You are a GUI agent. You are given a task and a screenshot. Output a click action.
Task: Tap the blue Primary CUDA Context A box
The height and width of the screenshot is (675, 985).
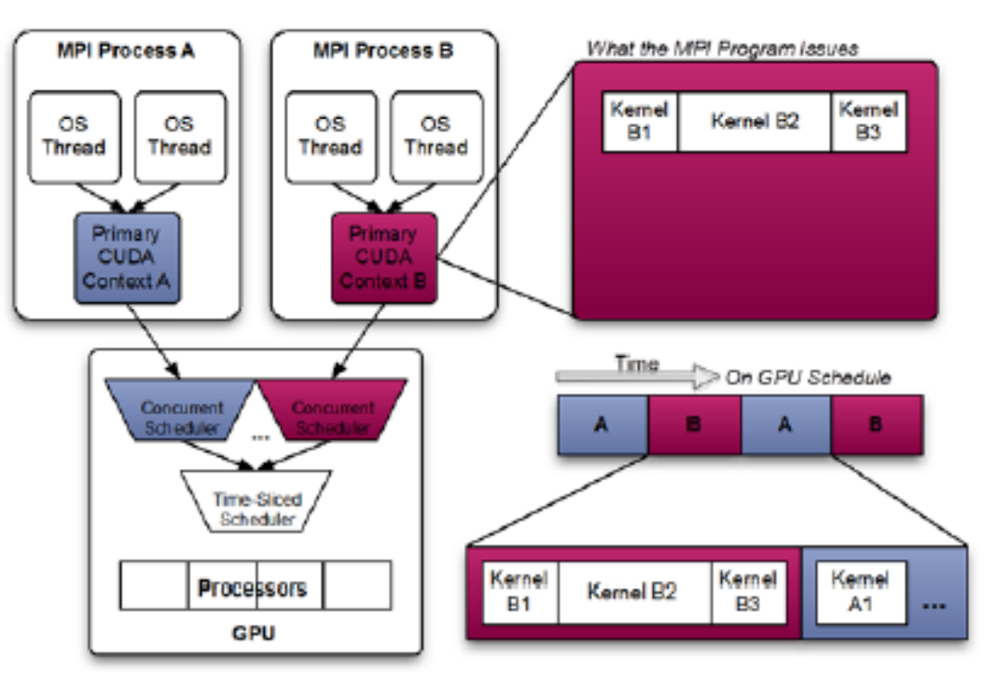coord(127,257)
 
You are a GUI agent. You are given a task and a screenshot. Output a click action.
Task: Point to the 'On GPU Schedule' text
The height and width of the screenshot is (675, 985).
coord(808,378)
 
